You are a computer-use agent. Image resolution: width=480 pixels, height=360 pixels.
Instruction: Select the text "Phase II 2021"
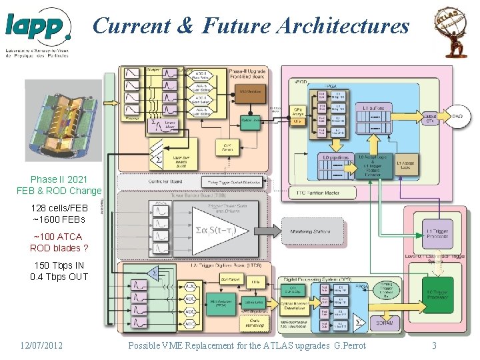(x=59, y=179)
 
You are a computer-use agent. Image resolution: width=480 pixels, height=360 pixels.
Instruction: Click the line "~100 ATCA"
(x=59, y=237)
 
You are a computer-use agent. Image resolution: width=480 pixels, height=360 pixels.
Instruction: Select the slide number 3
(x=434, y=345)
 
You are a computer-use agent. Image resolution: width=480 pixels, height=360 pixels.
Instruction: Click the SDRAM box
(x=385, y=323)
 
